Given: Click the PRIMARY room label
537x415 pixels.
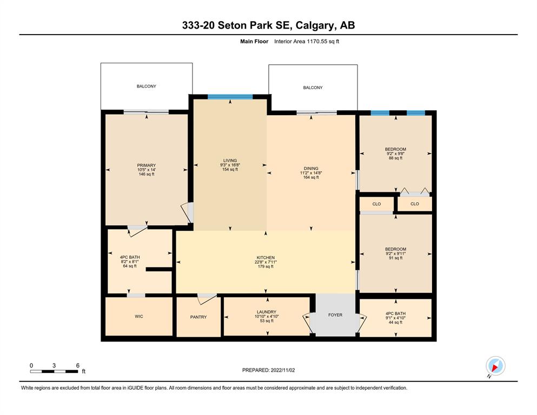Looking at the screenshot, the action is coord(146,165).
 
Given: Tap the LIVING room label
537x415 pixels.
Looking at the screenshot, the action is coord(230,160).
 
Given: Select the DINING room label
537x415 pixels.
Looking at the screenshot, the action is coord(311,169).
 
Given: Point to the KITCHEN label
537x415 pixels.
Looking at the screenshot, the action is coord(266,258).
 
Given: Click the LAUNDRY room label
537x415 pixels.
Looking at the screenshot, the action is coord(267,312).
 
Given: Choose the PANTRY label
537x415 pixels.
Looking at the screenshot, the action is coord(198,317).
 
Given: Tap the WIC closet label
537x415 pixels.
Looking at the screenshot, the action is coord(138,317).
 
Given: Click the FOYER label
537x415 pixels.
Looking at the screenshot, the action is coord(335,314).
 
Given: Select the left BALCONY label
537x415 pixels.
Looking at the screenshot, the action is coord(146,86).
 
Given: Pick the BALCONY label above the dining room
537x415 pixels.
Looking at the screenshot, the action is coord(313,88).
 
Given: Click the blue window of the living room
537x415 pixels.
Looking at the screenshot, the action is coord(230,97).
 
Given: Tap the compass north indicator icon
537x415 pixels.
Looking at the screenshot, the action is coord(495,366).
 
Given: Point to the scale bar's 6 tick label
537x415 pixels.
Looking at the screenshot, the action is coord(78,365).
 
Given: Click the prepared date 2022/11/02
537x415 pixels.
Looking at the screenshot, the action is coord(282,370).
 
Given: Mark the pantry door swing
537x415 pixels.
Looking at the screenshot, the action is coord(207,299).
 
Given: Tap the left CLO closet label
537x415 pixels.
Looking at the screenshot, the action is coord(376,204).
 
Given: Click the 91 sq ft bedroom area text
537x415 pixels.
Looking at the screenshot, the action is coord(395,258).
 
